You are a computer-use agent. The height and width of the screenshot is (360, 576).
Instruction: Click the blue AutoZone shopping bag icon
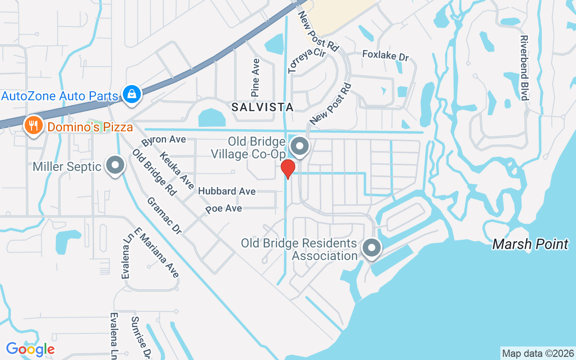pyautogui.click(x=131, y=94)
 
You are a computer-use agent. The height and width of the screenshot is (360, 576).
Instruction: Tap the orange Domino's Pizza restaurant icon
pyautogui.click(x=33, y=125)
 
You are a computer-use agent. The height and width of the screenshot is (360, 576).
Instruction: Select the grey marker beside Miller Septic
pyautogui.click(x=115, y=165)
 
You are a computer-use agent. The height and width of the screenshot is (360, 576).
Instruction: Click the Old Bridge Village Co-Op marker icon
pyautogui.click(x=300, y=147)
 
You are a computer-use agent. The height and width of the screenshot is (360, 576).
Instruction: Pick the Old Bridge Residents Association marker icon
pyautogui.click(x=371, y=248)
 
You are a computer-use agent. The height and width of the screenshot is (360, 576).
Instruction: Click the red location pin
pyautogui.click(x=288, y=169)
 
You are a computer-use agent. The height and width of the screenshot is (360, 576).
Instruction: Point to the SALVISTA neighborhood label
pyautogui.click(x=263, y=107)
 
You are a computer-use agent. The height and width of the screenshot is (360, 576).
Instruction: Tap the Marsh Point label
pyautogui.click(x=530, y=244)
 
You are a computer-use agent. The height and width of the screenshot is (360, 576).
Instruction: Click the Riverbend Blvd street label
pyautogui.click(x=524, y=68)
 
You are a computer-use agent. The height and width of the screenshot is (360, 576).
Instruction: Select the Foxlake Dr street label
pyautogui.click(x=386, y=56)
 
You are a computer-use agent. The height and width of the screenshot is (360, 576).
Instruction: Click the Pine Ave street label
pyautogui.click(x=256, y=78)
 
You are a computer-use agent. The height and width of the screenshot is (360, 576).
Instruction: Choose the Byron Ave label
pyautogui.click(x=163, y=140)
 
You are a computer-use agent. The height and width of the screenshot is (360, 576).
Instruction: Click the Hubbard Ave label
pyautogui.click(x=227, y=191)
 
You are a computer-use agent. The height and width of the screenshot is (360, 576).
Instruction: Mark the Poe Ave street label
pyautogui.click(x=224, y=209)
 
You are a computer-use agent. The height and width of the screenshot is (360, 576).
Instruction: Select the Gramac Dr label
pyautogui.click(x=164, y=216)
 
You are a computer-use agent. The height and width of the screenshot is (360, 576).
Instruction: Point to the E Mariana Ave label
pyautogui.click(x=157, y=252)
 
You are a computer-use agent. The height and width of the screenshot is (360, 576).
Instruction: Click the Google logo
pyautogui.click(x=30, y=349)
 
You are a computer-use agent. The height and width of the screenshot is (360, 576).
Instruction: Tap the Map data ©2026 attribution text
pyautogui.click(x=538, y=353)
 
